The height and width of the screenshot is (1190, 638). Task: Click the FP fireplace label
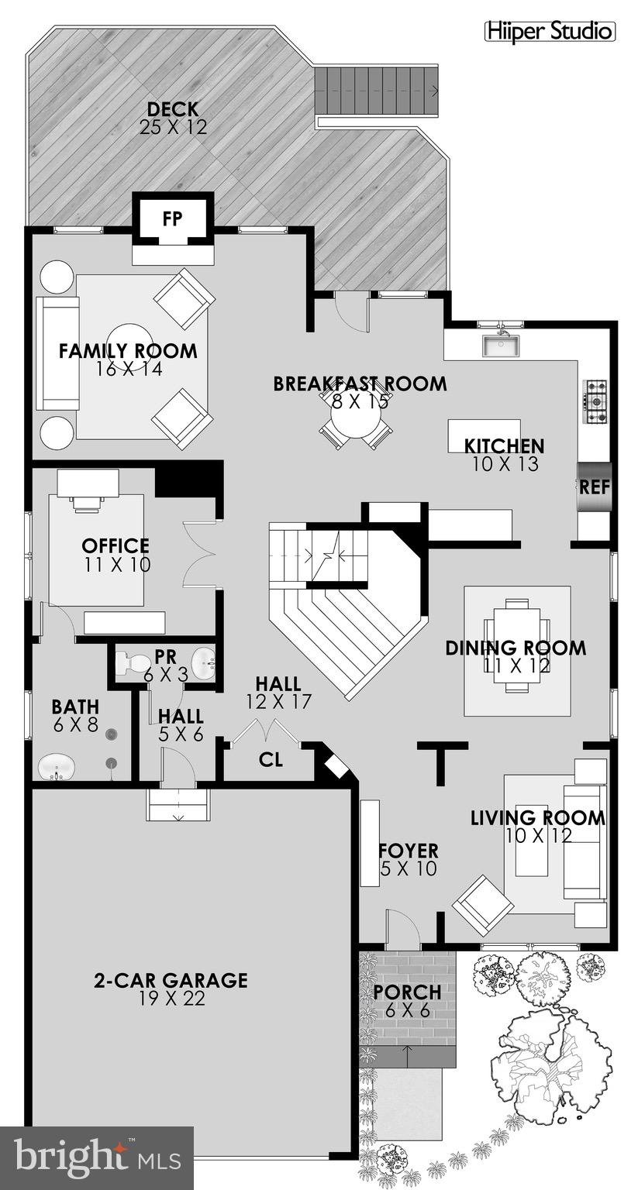172,218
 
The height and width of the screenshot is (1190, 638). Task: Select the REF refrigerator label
595,487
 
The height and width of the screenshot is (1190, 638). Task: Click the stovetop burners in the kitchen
595,402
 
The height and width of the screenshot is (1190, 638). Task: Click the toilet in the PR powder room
132,663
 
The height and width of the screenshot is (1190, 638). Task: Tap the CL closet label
271,759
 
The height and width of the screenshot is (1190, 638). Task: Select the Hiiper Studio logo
550,31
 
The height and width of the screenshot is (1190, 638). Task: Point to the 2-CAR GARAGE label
171,980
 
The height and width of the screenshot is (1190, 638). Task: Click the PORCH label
407,992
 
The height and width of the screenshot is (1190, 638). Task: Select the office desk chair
87,504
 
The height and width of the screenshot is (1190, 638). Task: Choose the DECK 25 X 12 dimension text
174,128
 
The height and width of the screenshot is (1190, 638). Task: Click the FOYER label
409,851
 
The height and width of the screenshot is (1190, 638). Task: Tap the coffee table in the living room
533,841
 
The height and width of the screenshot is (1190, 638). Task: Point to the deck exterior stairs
378,90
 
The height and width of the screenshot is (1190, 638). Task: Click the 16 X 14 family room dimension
129,369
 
